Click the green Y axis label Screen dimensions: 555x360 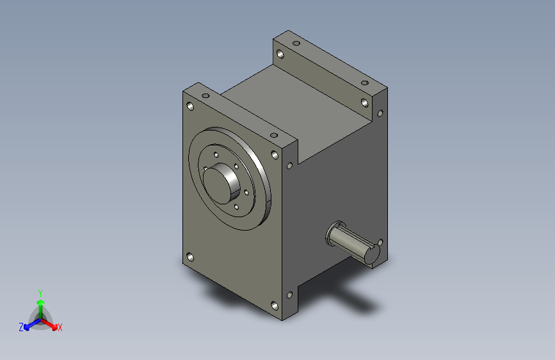[40, 293]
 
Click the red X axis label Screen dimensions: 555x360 [60, 327]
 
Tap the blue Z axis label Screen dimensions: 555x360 [21, 327]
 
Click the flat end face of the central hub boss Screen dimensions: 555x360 [216, 186]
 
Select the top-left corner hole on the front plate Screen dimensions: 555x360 [190, 106]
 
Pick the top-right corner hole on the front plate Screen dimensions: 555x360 [275, 155]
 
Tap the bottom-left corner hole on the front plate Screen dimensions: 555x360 [190, 257]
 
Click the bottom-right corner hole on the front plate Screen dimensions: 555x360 [275, 306]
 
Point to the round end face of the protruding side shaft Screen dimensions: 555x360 [373, 254]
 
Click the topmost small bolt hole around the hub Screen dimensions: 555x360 [216, 155]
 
